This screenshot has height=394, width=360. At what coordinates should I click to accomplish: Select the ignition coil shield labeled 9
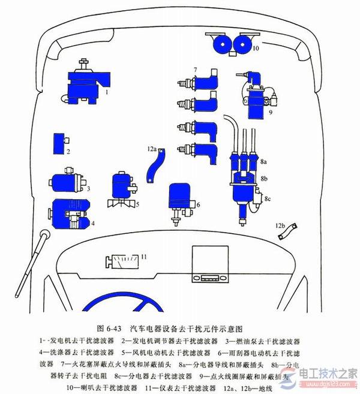coord(255,99)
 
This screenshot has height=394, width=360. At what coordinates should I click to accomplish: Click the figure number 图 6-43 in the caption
coord(109,329)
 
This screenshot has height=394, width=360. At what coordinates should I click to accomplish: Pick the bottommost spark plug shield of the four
coord(202,154)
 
